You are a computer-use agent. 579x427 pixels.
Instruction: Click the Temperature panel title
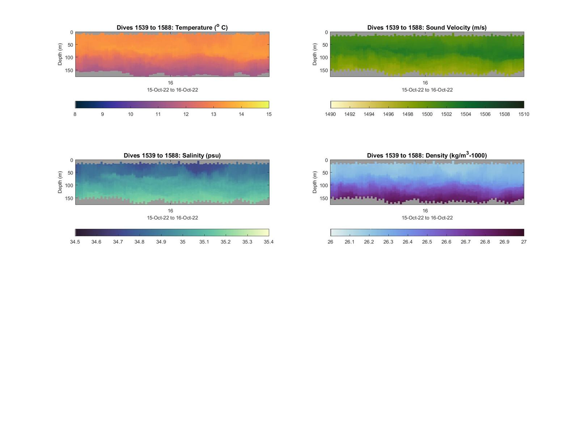(172, 28)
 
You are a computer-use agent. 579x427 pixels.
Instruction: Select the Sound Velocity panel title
(427, 28)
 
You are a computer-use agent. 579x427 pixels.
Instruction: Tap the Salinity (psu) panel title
(172, 155)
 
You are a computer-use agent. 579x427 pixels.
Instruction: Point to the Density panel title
(427, 155)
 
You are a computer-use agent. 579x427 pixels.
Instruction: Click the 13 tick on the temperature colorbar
(214, 114)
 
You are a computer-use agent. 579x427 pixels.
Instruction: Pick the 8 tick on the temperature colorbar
(75, 114)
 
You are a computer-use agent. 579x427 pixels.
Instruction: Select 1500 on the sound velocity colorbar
(427, 114)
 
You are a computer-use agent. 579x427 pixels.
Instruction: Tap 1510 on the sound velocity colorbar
(524, 114)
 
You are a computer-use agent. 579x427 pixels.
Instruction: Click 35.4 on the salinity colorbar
(269, 242)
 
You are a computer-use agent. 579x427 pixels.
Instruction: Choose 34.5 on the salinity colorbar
(75, 242)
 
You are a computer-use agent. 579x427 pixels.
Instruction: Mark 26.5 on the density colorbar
(427, 242)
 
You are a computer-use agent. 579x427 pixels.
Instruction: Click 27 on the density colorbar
(524, 242)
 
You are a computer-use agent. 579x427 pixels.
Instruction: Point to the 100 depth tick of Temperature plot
(69, 58)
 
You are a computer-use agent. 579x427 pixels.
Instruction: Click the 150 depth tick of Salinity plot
(69, 198)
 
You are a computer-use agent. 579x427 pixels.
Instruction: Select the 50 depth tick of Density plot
(325, 173)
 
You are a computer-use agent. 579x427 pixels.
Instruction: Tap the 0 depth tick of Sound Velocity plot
(326, 33)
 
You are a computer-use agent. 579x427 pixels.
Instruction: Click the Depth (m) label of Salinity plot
(60, 182)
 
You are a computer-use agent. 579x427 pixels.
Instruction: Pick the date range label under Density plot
(427, 218)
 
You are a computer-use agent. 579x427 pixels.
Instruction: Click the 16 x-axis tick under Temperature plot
(170, 83)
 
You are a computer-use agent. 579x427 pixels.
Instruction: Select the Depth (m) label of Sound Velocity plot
(314, 54)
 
